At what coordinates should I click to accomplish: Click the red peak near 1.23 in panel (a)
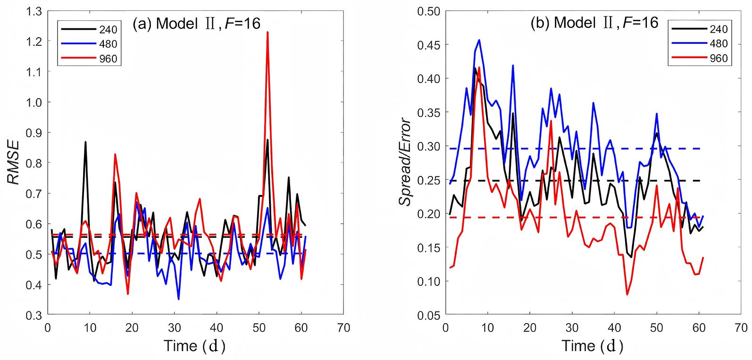pos(267,33)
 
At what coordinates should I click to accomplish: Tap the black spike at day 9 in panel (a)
pos(85,142)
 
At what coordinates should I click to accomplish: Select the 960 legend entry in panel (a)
pos(88,60)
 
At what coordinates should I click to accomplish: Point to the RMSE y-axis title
pos(14,163)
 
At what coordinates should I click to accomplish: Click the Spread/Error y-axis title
pos(405,163)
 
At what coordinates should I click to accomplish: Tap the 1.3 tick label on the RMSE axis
pos(34,11)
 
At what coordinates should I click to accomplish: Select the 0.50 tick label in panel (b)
pos(428,11)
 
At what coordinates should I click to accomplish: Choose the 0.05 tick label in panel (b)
pos(428,315)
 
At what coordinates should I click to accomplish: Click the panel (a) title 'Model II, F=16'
pos(197,24)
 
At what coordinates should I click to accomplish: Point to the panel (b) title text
pos(594,23)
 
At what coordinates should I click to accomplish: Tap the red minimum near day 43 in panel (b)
pos(627,294)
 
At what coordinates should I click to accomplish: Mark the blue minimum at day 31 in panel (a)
pos(178,299)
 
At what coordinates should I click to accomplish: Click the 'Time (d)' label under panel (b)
pos(592,346)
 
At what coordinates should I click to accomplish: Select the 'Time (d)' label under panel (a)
pos(194,346)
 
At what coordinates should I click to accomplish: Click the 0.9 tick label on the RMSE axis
pos(34,133)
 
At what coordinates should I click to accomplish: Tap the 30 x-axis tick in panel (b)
pos(572,327)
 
